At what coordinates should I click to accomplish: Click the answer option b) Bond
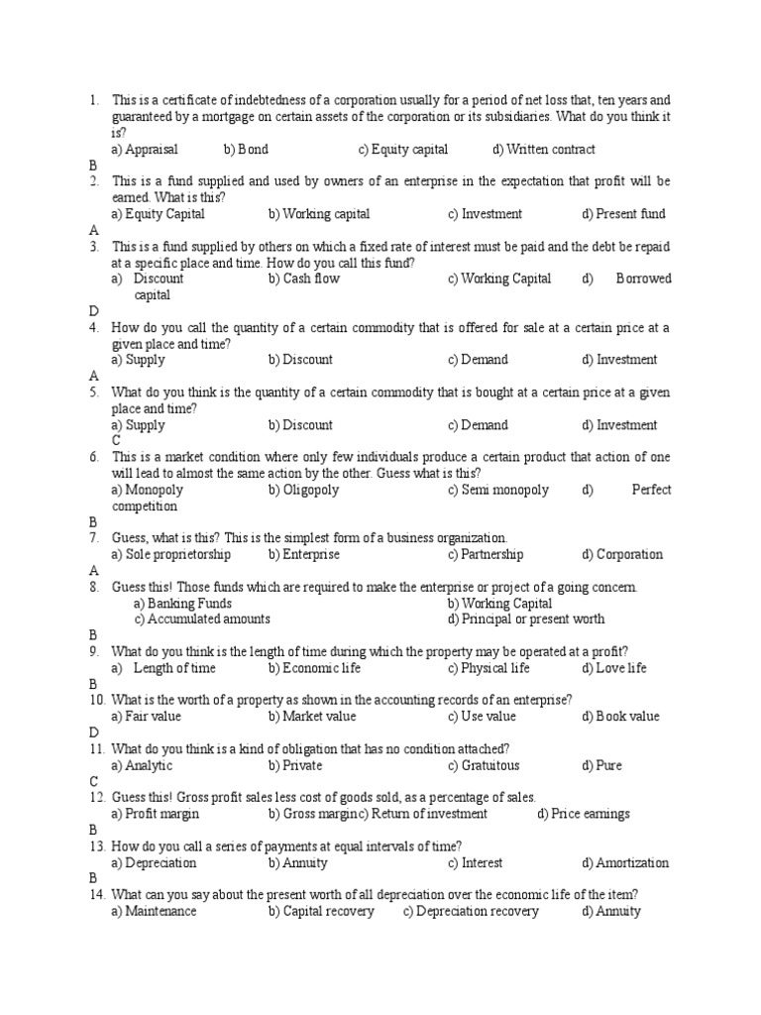[x=246, y=150]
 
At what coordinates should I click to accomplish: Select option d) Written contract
[x=543, y=150]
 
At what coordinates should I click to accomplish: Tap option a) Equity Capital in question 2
[x=158, y=214]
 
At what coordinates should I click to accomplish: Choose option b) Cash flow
[x=303, y=279]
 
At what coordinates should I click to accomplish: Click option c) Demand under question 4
[x=477, y=360]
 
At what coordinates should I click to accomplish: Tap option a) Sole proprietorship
[x=170, y=554]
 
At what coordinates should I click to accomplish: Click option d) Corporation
[x=622, y=554]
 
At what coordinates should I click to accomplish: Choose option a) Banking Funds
[x=182, y=604]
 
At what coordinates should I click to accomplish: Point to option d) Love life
[x=614, y=668]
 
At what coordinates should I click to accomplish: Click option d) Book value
[x=620, y=717]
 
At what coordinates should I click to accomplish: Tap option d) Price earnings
[x=583, y=814]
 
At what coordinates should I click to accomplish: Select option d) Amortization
[x=625, y=862]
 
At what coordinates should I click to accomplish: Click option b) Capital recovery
[x=321, y=911]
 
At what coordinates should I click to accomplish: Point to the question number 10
[x=96, y=700]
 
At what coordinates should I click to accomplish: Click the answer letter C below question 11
[x=93, y=781]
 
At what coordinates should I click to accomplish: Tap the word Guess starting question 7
[x=130, y=537]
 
